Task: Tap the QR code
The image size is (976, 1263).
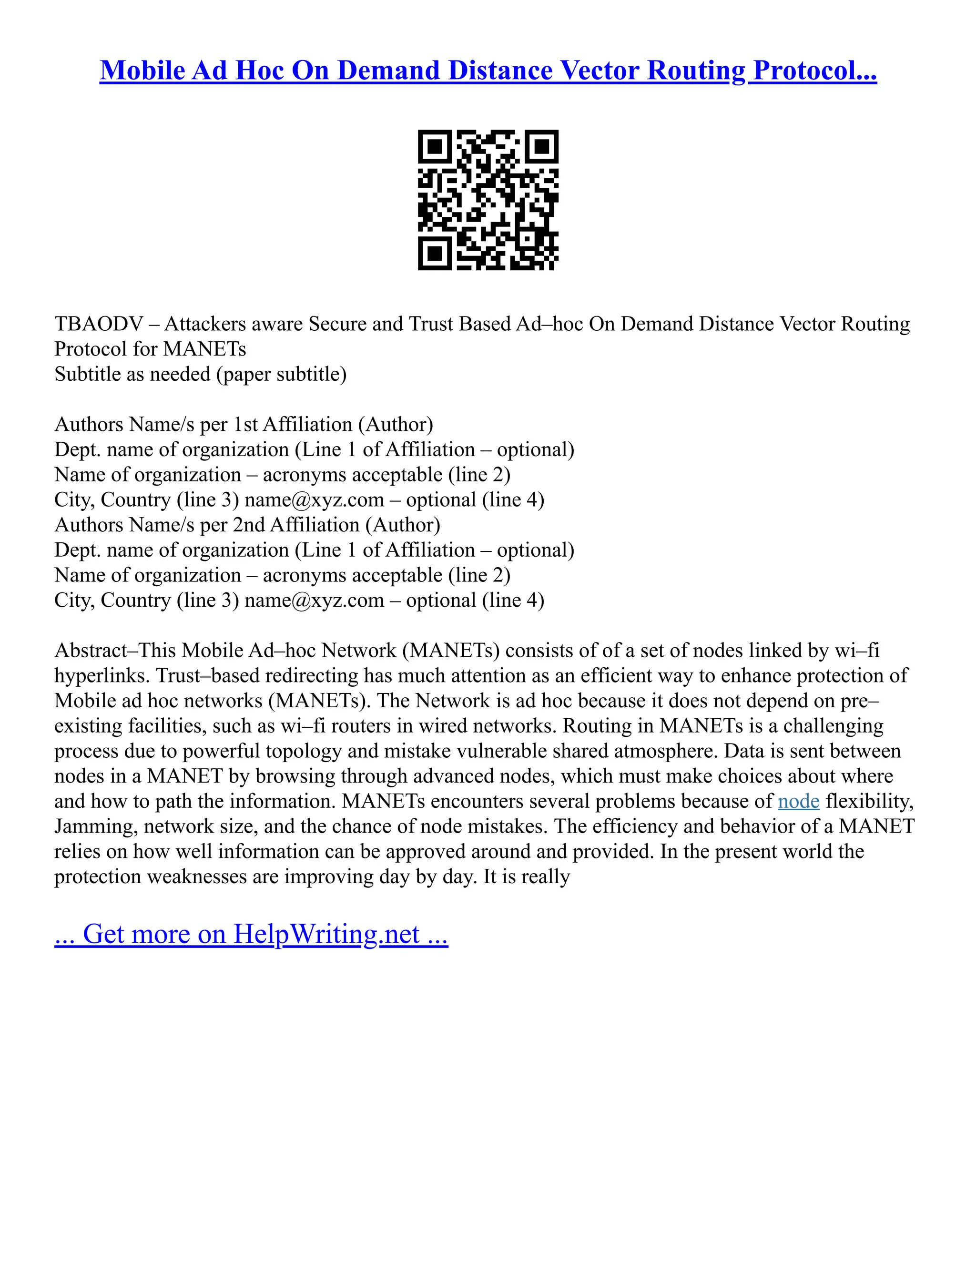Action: [488, 200]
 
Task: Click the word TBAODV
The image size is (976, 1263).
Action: [98, 324]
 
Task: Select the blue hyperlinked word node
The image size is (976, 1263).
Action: [799, 802]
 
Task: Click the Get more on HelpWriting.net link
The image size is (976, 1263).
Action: [251, 934]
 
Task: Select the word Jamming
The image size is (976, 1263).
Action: [96, 826]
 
